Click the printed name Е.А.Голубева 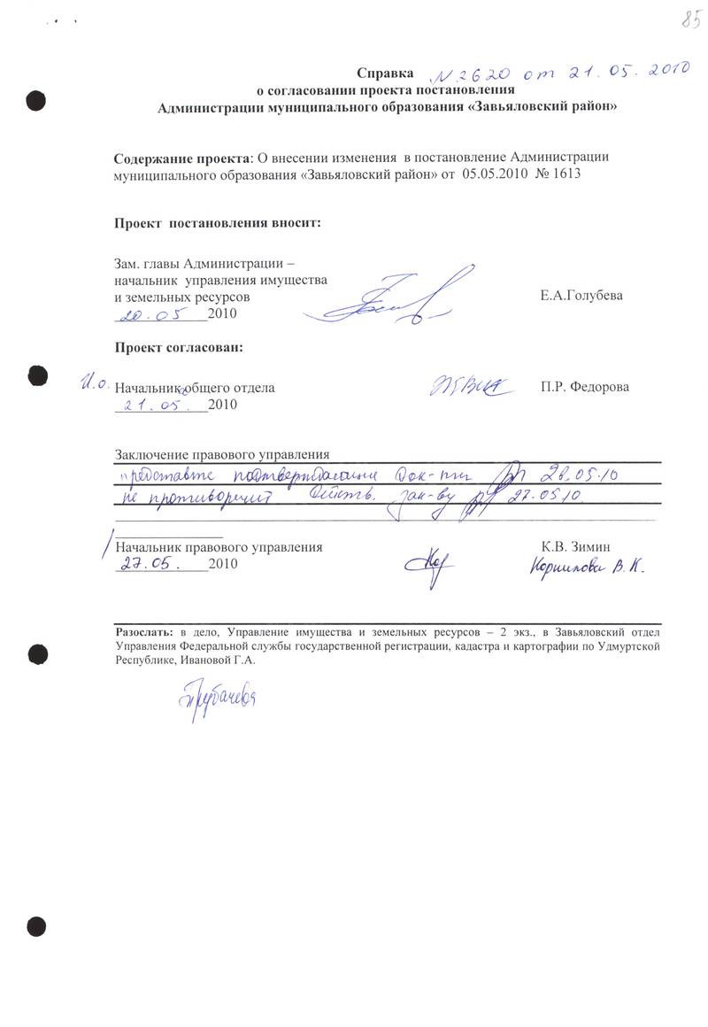[581, 296]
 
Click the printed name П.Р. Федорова [584, 388]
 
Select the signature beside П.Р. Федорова [466, 386]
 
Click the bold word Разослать [146, 634]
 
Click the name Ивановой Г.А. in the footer [215, 660]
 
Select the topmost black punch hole [36, 99]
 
